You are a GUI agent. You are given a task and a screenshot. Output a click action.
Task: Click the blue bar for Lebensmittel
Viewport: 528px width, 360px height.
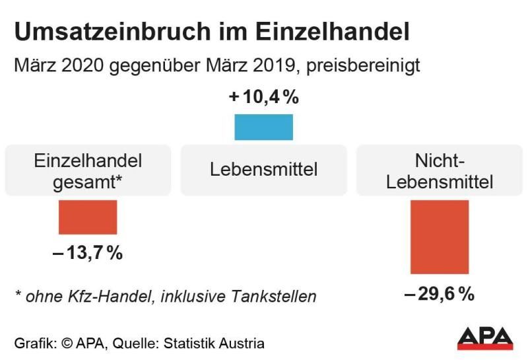coord(263,127)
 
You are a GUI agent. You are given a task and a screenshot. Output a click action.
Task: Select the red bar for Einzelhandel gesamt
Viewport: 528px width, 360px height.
coord(88,217)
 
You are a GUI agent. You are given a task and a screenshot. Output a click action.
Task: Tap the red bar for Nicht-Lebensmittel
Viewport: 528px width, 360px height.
coord(439,236)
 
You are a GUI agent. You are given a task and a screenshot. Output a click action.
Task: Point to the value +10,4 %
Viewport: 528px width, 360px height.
coord(264,98)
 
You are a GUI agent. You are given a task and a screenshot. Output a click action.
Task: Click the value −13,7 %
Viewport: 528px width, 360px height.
coord(88,253)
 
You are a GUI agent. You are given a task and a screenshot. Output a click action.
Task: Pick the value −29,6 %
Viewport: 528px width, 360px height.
coord(440,294)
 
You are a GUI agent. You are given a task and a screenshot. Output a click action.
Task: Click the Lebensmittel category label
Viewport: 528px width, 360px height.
coord(264,170)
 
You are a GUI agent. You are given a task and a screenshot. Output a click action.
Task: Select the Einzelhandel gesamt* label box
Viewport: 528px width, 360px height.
coord(88,170)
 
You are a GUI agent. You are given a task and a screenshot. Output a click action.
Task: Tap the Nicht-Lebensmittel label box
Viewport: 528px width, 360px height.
coord(440,170)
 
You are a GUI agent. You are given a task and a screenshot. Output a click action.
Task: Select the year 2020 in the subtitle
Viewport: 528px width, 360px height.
coord(82,67)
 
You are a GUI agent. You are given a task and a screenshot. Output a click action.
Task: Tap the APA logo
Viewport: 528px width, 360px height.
coord(485,338)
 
